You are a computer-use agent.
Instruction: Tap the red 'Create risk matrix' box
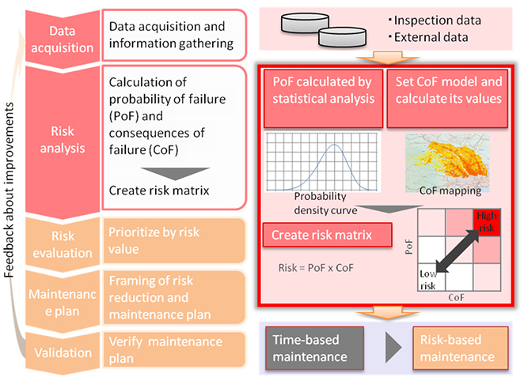coord(328,236)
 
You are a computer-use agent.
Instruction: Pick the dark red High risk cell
coord(484,221)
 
